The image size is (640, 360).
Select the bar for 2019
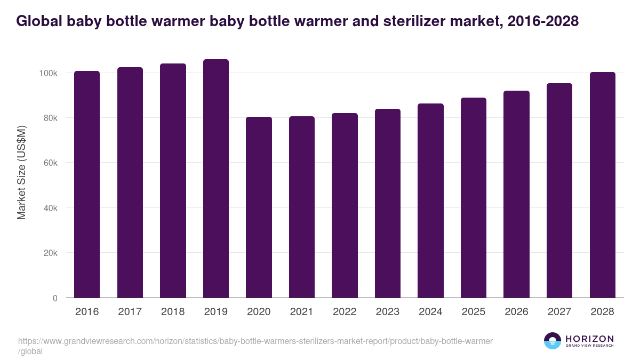pos(215,179)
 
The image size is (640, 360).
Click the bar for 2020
pos(259,207)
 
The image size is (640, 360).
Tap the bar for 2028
pos(602,185)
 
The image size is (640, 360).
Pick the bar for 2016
pos(87,185)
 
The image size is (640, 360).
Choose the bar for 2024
pos(430,201)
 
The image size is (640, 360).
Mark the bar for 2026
pos(516,194)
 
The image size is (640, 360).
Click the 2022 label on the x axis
pos(345,312)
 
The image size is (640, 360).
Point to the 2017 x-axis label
pos(130,312)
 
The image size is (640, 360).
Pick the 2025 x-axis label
pos(474,312)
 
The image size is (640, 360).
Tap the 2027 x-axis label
pos(559,312)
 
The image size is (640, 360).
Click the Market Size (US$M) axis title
pos(21,172)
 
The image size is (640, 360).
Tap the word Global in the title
pos(38,21)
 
